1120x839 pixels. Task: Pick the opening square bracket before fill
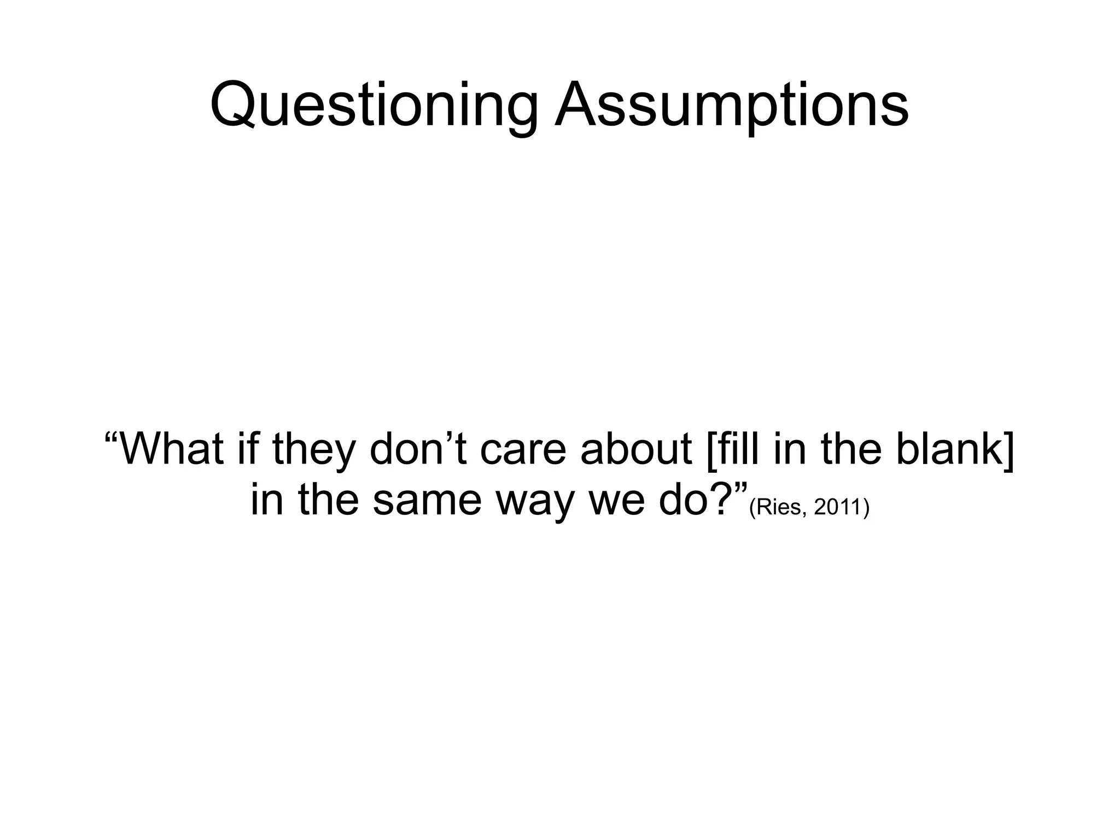(x=710, y=450)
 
